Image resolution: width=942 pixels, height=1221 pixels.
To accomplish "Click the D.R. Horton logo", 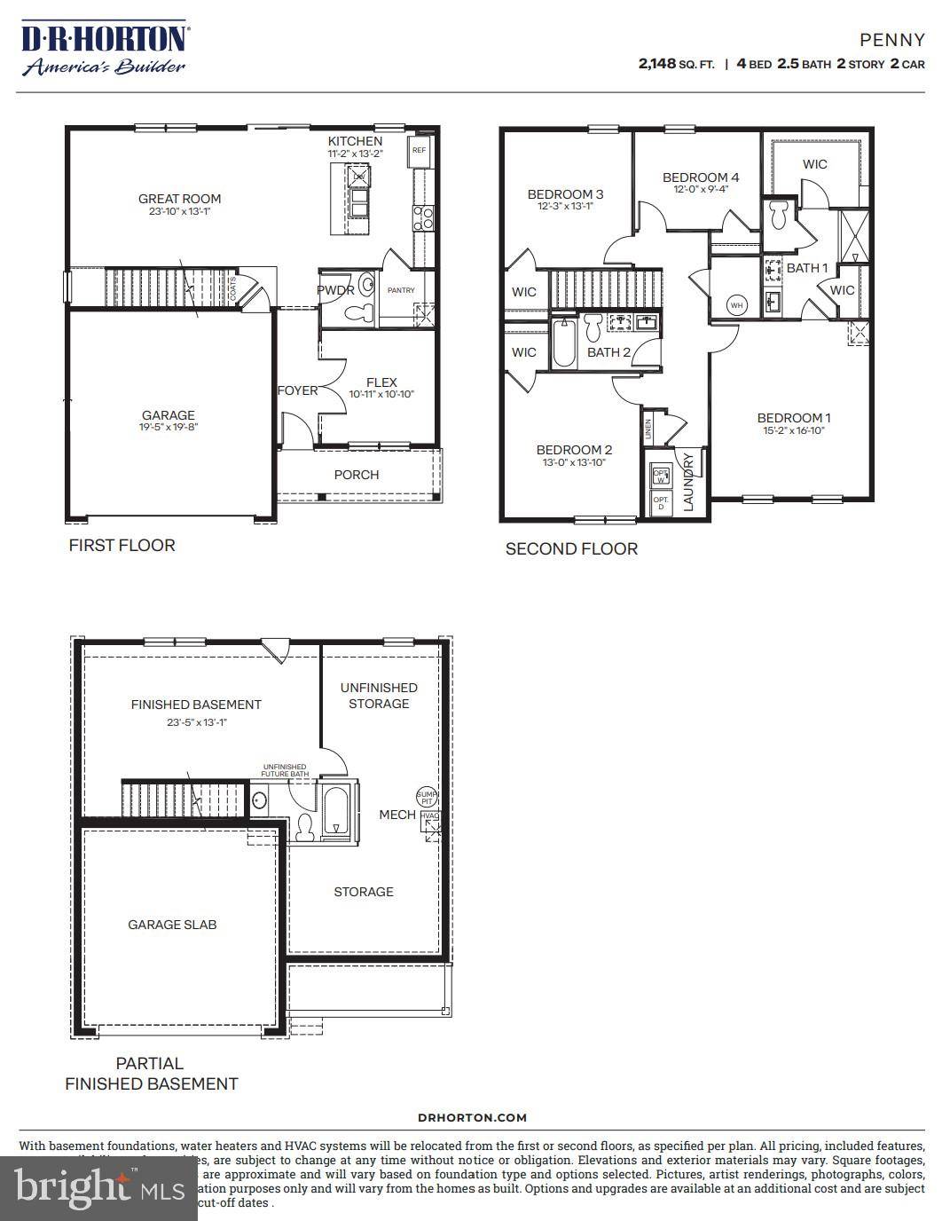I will click(104, 49).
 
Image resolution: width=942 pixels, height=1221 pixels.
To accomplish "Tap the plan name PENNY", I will click(892, 40).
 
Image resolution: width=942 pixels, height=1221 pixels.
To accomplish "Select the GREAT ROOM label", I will click(179, 199).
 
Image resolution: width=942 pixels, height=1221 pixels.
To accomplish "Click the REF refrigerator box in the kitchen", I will click(419, 151).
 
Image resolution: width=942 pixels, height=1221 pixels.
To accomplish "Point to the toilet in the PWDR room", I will click(362, 311).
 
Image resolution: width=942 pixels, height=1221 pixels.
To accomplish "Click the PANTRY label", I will click(401, 290).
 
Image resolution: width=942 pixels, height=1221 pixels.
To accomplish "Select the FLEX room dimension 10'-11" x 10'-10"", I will click(381, 395).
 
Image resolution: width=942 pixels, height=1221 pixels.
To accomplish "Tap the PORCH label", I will click(357, 475).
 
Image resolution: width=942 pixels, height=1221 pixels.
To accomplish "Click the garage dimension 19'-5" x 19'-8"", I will click(169, 427).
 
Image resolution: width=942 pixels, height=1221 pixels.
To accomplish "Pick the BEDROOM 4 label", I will click(701, 177).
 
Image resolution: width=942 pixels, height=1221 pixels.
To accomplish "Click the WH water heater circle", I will click(736, 305).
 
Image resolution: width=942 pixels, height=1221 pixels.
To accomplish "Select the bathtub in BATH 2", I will click(564, 344).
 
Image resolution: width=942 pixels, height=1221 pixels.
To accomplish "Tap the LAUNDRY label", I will click(688, 482).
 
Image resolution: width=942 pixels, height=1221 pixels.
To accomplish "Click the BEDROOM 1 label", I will click(794, 418).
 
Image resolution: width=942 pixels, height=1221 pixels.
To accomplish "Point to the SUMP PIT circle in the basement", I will click(427, 796).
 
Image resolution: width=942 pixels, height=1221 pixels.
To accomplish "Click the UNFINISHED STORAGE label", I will click(379, 696).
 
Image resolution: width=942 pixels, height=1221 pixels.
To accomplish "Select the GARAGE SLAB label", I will click(172, 925).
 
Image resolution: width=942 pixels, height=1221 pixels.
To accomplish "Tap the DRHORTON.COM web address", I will click(472, 1118).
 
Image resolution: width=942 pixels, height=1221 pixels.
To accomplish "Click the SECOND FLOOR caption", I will click(571, 549).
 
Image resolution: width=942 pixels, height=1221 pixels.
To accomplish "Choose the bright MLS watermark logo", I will click(98, 1187).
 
